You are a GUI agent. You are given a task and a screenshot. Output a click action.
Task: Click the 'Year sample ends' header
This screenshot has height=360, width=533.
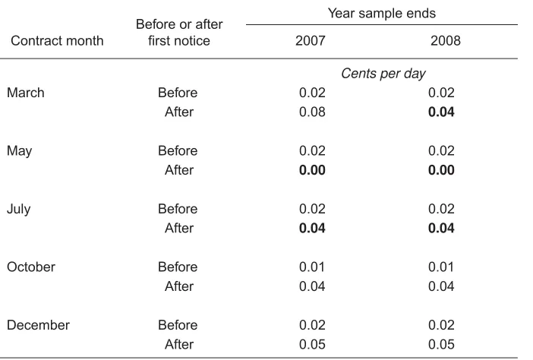point(381,13)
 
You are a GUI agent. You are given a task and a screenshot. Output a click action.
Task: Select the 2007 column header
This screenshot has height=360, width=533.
point(310,40)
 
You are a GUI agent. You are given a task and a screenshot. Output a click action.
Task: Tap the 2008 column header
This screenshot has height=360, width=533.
point(445,40)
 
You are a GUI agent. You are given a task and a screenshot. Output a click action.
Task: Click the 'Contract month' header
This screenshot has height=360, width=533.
point(57,40)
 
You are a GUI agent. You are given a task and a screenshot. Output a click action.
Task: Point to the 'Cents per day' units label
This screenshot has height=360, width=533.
point(383,74)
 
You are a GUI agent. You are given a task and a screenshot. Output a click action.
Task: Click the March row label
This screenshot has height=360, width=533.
point(26,93)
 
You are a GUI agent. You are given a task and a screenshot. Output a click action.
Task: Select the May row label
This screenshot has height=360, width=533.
point(20,151)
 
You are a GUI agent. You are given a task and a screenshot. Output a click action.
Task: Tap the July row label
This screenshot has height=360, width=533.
point(19,210)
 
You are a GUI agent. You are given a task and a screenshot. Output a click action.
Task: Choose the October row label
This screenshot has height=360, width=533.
point(31,267)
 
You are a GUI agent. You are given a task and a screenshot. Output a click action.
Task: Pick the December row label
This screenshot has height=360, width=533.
point(38,325)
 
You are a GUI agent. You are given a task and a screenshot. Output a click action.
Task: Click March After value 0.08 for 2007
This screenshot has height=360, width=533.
point(312,112)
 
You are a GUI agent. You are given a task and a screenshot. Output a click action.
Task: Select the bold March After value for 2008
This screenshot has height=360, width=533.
point(441,112)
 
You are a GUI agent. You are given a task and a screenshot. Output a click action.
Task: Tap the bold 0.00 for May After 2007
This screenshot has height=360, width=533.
point(312,170)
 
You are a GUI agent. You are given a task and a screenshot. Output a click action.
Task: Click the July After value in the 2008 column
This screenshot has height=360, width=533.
point(441,228)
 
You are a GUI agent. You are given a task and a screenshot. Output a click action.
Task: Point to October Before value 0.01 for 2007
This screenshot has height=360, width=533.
point(312,267)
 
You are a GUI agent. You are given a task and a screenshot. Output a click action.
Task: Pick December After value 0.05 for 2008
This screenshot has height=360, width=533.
point(441,344)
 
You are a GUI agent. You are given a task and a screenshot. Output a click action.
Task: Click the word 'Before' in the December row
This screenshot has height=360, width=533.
point(178,325)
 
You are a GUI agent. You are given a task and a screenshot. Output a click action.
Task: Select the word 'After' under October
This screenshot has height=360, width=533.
point(179,286)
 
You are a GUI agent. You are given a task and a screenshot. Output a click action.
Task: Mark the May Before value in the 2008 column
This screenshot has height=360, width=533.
point(441,150)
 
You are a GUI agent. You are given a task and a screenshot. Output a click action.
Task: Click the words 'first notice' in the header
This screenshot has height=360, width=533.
point(179,40)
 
